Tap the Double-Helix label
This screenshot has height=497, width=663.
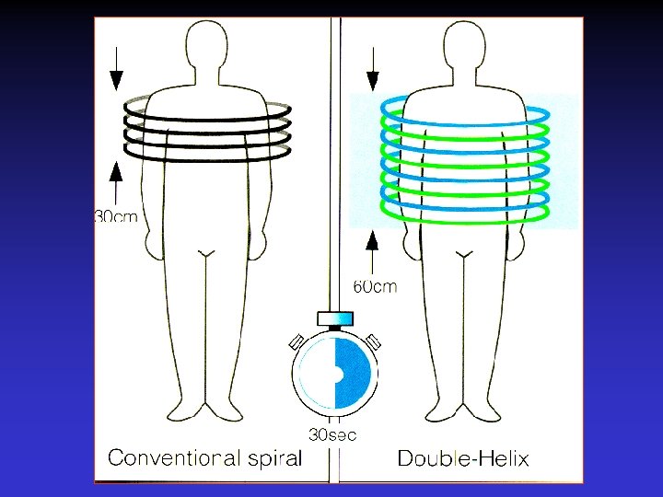pyautogui.click(x=463, y=457)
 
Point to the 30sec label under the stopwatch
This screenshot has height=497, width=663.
pyautogui.click(x=332, y=433)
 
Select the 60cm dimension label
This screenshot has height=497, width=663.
pyautogui.click(x=377, y=286)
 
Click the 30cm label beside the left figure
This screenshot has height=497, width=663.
pyautogui.click(x=118, y=217)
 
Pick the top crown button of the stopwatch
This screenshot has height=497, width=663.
pyautogui.click(x=334, y=318)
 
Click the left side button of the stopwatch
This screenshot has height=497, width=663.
pyautogui.click(x=297, y=341)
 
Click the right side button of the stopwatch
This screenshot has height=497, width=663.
pyautogui.click(x=373, y=341)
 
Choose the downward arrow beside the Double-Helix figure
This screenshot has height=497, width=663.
pyautogui.click(x=374, y=70)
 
